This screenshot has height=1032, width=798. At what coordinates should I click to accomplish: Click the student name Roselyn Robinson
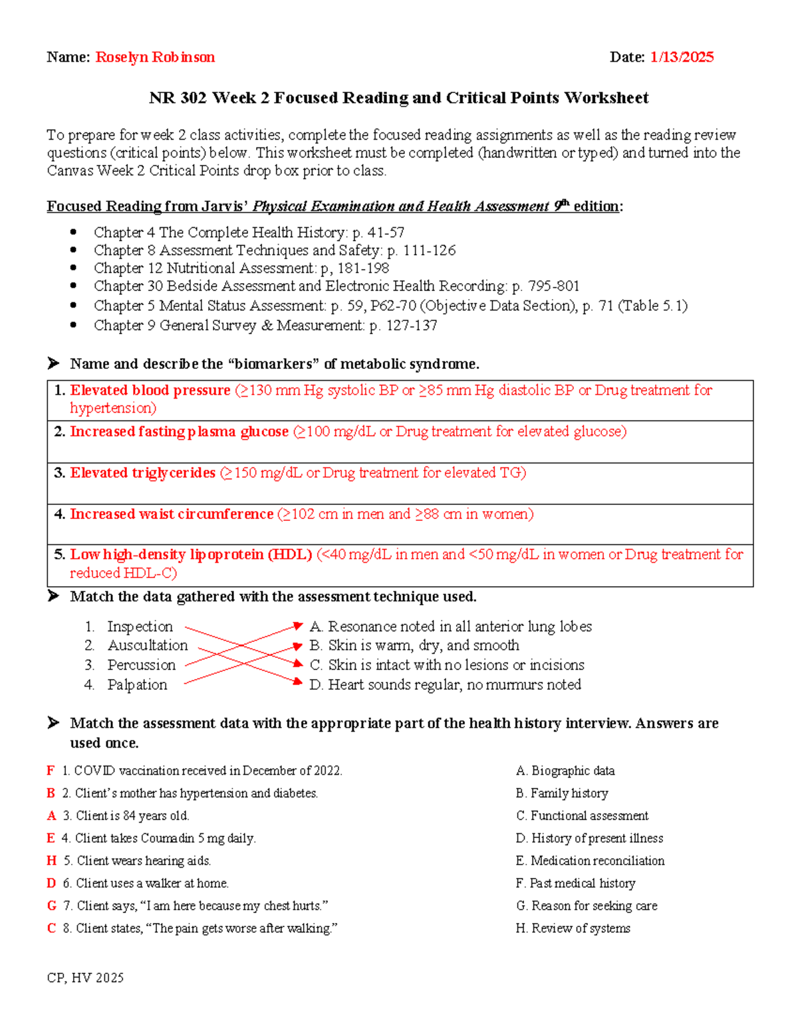pyautogui.click(x=155, y=57)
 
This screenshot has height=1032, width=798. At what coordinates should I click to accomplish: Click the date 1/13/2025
pyautogui.click(x=682, y=57)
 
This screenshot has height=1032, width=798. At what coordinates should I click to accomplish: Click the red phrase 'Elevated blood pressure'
pyautogui.click(x=150, y=390)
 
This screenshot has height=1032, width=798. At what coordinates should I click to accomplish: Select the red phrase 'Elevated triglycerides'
pyautogui.click(x=143, y=472)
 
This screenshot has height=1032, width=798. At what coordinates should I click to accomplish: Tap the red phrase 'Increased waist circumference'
pyautogui.click(x=172, y=514)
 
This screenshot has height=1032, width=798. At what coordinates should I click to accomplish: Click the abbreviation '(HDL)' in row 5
pyautogui.click(x=290, y=554)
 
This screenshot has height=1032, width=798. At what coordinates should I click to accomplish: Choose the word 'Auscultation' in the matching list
pyautogui.click(x=148, y=645)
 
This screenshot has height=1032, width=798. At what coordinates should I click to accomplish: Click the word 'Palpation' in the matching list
pyautogui.click(x=137, y=684)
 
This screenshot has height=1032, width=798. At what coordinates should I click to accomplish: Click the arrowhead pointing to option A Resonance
pyautogui.click(x=299, y=625)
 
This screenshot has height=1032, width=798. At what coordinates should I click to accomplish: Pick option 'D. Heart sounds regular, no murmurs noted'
pyautogui.click(x=446, y=684)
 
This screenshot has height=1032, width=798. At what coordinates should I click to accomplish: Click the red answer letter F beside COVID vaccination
pyautogui.click(x=51, y=771)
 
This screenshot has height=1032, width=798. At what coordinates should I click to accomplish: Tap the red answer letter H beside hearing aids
pyautogui.click(x=51, y=861)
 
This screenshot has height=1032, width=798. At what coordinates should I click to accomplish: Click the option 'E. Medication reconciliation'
pyautogui.click(x=590, y=861)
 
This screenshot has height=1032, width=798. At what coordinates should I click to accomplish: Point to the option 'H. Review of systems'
pyautogui.click(x=573, y=928)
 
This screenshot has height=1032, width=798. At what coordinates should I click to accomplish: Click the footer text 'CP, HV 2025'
pyautogui.click(x=85, y=978)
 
